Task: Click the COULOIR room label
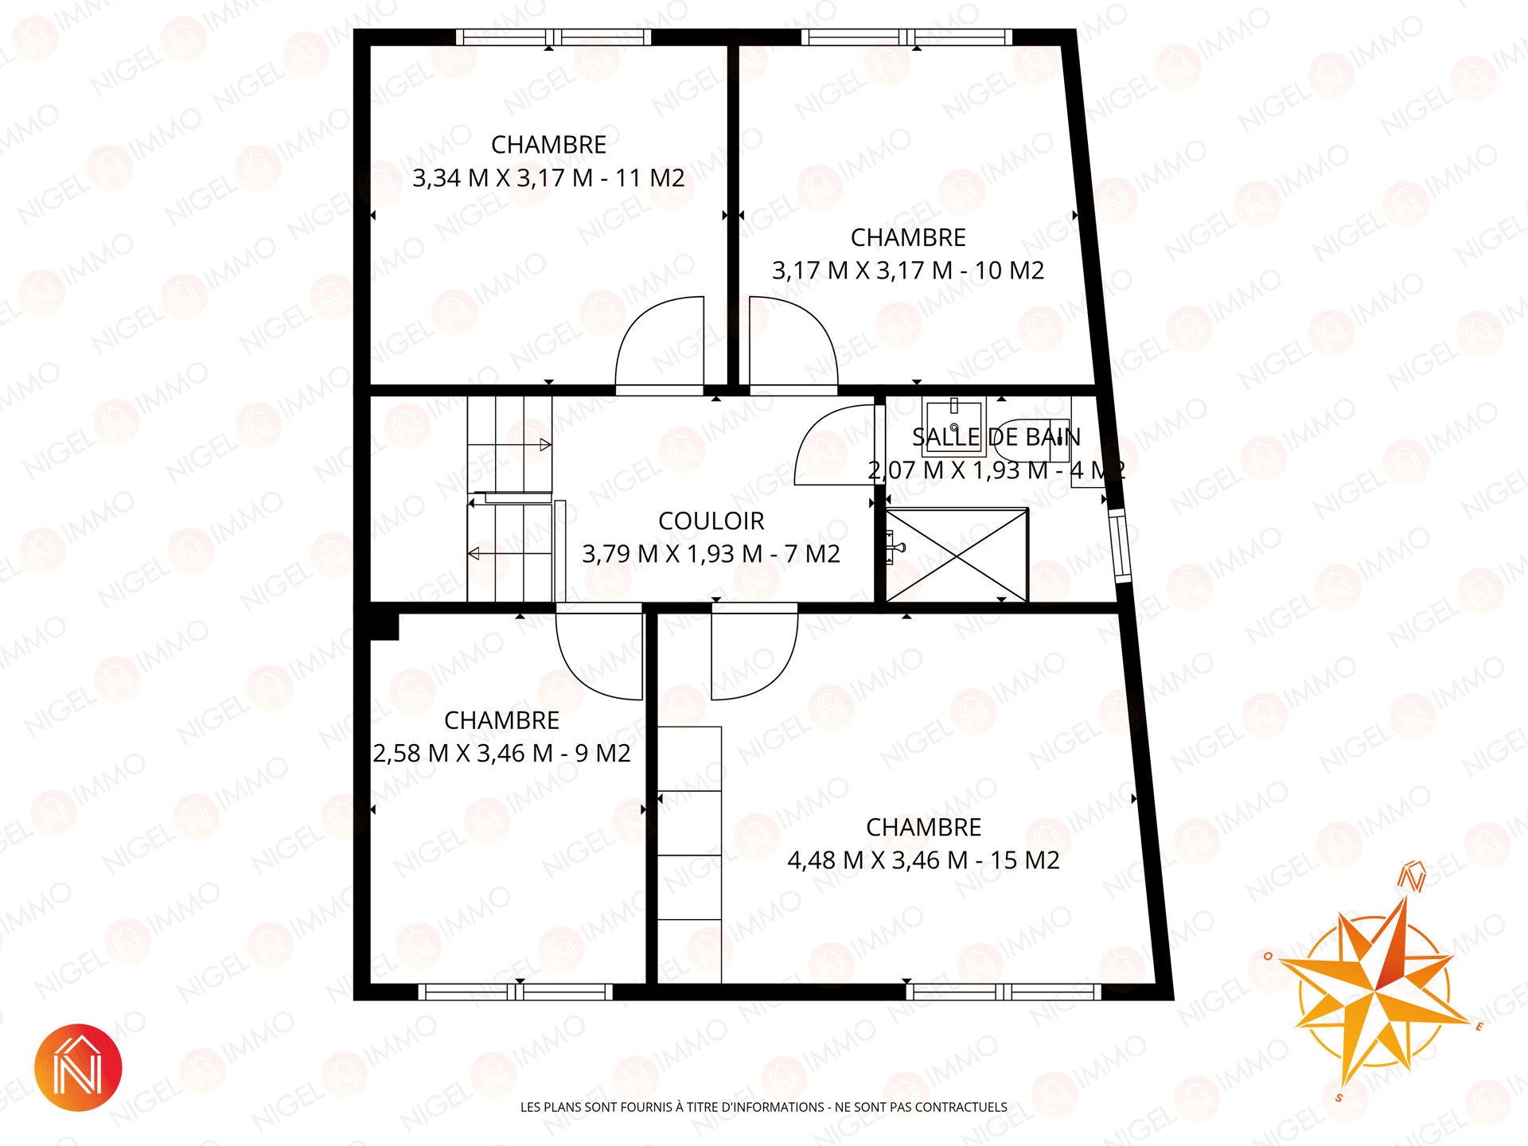(x=711, y=521)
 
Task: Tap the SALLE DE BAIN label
(x=996, y=437)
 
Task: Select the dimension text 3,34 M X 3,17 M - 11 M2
(x=548, y=178)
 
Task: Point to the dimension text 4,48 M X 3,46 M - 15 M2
(x=923, y=860)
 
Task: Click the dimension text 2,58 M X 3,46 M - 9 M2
(x=501, y=753)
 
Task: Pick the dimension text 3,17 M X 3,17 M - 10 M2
(x=908, y=271)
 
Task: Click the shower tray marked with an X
(x=957, y=555)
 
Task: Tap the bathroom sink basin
(x=953, y=427)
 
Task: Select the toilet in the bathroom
(x=1031, y=440)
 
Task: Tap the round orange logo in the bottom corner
(x=78, y=1067)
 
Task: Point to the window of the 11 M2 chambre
(x=554, y=37)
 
